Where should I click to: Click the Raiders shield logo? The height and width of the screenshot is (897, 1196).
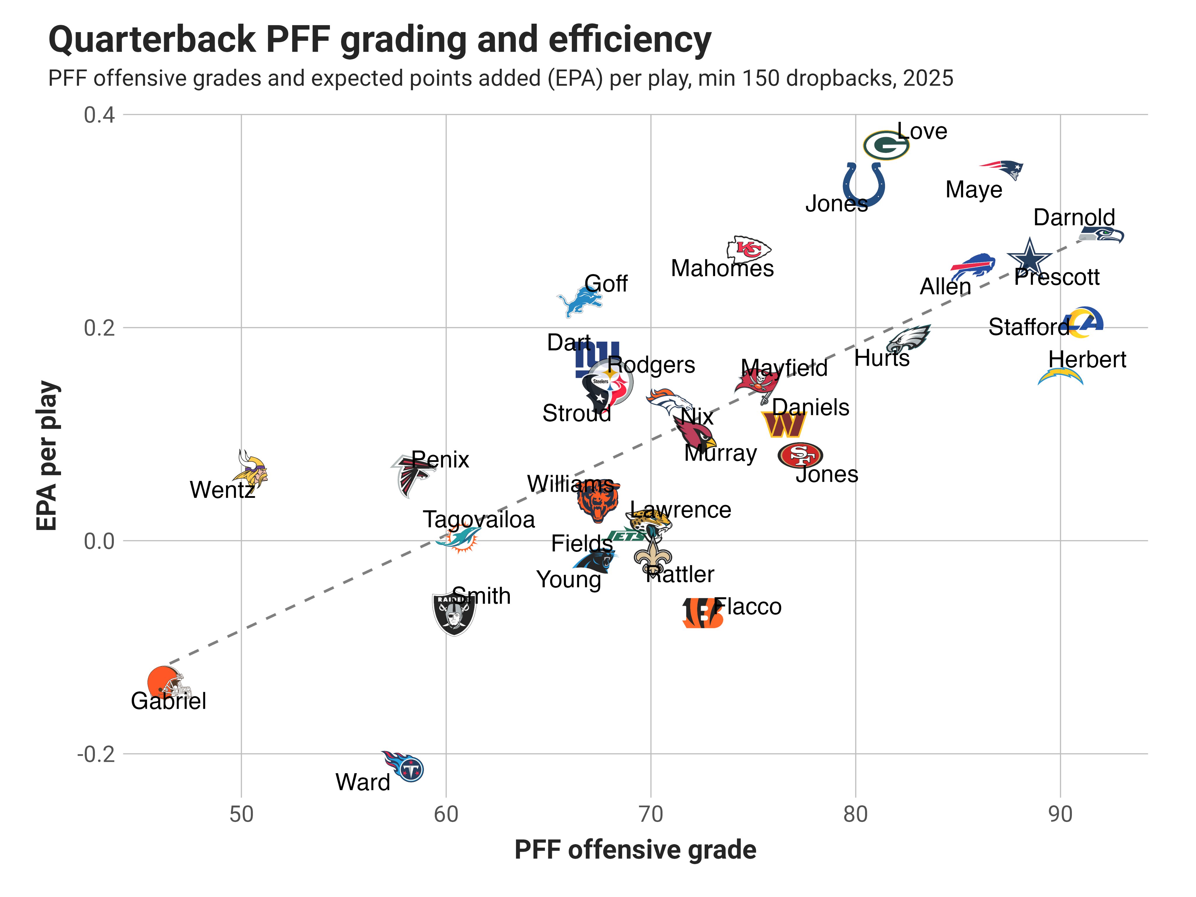[454, 613]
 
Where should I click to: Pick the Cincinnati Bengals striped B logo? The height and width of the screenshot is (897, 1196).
[702, 613]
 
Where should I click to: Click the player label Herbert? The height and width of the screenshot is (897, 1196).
[1087, 359]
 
